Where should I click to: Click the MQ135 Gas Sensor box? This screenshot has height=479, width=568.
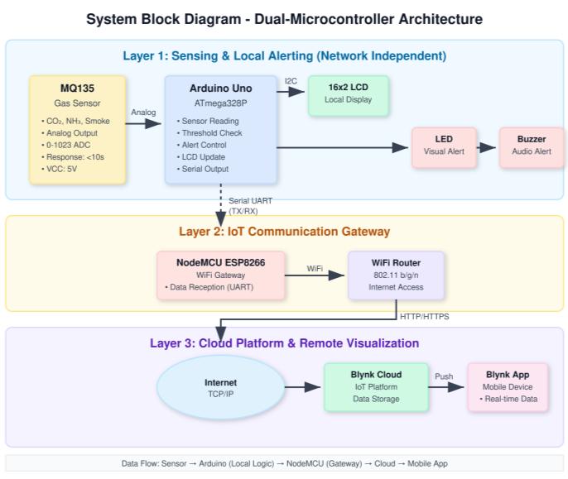[x=77, y=129]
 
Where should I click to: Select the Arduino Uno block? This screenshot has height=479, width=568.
[x=219, y=129]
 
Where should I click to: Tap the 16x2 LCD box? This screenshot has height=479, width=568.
[x=348, y=95]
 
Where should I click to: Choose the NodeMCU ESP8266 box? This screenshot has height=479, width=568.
[x=220, y=275]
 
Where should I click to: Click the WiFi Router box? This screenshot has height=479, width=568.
[x=396, y=275]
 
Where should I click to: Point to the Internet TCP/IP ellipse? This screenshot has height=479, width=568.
[x=220, y=387]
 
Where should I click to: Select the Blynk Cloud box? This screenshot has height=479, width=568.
[x=375, y=386]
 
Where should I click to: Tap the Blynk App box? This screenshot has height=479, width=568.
[x=508, y=386]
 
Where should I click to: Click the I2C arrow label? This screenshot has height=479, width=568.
[x=291, y=81]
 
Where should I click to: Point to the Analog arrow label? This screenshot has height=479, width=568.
[x=143, y=113]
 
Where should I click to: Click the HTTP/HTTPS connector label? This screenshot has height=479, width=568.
[x=425, y=316]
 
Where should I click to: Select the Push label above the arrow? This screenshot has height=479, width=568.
[x=444, y=376]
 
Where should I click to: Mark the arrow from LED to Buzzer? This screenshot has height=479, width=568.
[x=488, y=148]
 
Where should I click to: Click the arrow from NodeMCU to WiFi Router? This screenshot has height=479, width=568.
[x=315, y=275]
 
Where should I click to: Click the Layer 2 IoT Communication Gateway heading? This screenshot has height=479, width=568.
[x=284, y=232]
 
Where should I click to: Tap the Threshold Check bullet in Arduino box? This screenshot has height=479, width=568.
[x=211, y=132]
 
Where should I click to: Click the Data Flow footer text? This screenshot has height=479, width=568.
[x=284, y=463]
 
